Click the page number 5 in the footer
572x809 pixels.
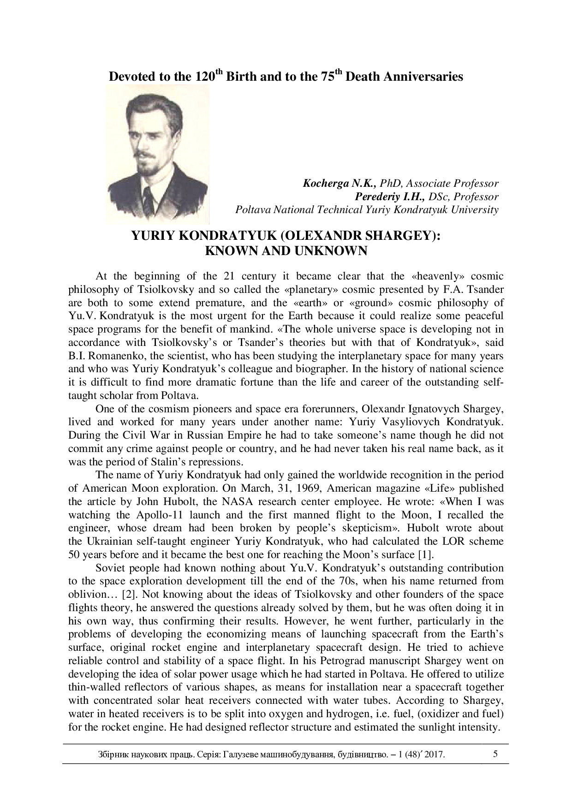point(495,754)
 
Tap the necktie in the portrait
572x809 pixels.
point(149,198)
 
